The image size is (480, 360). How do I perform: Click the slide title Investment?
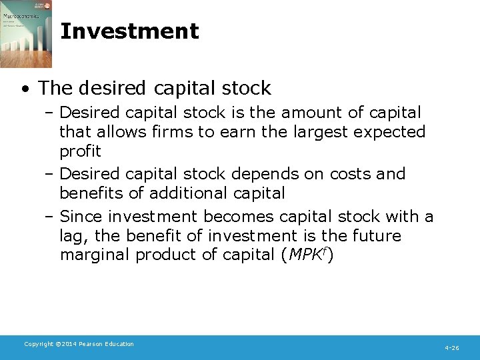(x=129, y=31)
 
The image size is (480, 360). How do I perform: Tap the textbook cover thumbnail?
(x=26, y=34)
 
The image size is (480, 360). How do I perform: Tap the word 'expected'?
(x=391, y=132)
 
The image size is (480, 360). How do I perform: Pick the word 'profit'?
(x=80, y=151)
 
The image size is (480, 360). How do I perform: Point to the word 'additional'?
(x=185, y=193)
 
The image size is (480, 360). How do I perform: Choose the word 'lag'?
(x=71, y=236)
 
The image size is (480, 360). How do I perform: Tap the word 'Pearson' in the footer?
(x=94, y=344)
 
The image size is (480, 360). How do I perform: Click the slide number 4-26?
(x=451, y=347)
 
